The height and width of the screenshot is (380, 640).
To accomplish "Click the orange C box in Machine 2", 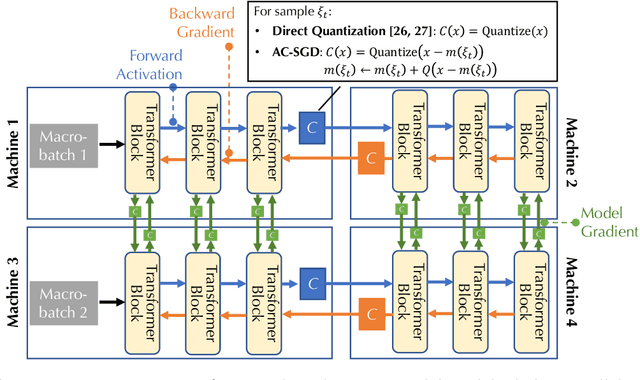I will [x=371, y=158].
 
